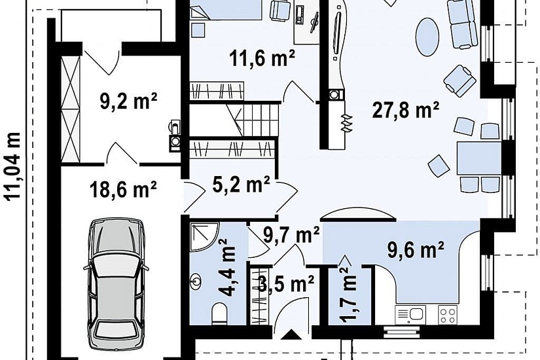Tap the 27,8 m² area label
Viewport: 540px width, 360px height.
click(406, 111)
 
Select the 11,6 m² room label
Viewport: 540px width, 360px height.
click(262, 58)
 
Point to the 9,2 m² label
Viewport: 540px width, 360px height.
click(128, 101)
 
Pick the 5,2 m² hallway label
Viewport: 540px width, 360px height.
click(241, 185)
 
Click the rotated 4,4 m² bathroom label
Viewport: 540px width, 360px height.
click(228, 268)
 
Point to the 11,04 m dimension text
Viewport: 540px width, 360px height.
click(12, 166)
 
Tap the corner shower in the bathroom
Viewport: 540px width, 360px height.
click(204, 237)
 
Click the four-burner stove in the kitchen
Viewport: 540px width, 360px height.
click(448, 315)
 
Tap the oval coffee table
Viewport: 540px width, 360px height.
click(427, 37)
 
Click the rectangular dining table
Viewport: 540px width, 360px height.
click(478, 158)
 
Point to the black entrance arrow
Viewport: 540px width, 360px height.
click(291, 335)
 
